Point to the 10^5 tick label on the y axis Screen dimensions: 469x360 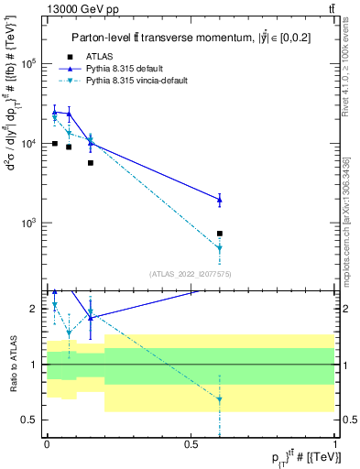point(28,64)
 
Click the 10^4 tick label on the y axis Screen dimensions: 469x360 point(28,144)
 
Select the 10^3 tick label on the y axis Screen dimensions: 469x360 point(28,224)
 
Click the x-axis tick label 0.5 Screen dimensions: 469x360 point(191,444)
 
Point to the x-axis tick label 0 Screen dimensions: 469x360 point(47,444)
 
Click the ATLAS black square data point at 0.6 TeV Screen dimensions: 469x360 point(219,234)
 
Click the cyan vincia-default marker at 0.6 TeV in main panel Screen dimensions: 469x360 point(219,248)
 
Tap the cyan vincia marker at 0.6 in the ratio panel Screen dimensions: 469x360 point(219,398)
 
